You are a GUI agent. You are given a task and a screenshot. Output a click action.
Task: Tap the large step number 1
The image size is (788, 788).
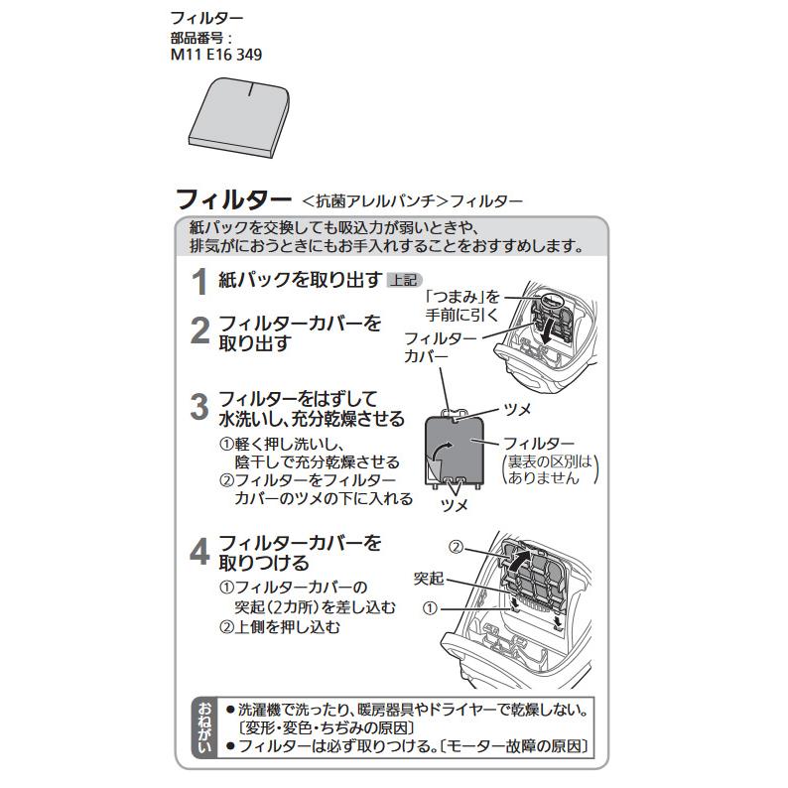click(199, 282)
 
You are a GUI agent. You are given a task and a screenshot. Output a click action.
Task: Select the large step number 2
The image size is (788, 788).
click(199, 330)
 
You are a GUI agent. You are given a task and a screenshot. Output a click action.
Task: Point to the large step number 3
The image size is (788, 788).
click(199, 406)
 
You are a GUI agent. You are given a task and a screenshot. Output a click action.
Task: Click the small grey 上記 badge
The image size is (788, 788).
click(404, 280)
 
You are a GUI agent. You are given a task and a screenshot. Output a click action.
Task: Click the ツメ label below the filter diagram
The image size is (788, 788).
click(455, 505)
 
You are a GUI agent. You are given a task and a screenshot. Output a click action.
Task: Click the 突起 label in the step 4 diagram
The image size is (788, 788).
click(428, 578)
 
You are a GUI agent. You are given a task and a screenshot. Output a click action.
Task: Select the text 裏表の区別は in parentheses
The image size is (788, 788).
click(550, 461)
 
